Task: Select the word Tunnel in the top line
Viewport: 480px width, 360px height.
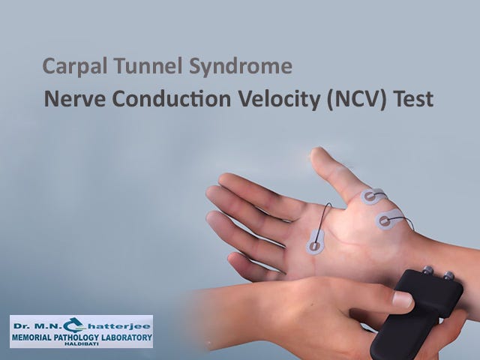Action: coord(136,67)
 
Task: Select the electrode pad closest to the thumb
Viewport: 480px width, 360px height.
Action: coord(371,197)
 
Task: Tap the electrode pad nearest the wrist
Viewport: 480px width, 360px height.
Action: coord(385,221)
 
